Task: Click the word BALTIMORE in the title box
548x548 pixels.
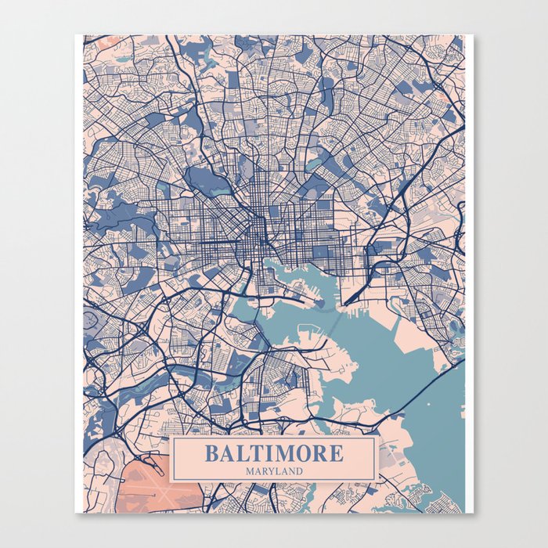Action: coord(274,453)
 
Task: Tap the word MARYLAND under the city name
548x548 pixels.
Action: coord(274,471)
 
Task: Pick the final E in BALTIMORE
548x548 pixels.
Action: coord(336,453)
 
